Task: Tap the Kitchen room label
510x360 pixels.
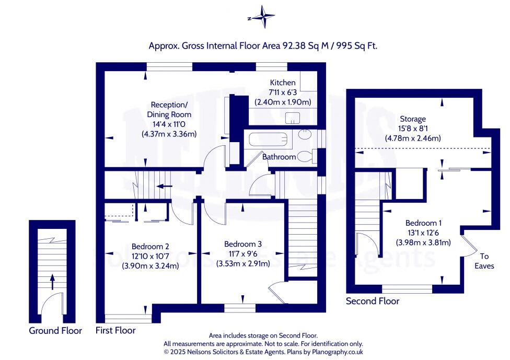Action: (283, 83)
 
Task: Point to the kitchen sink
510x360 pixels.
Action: (293, 118)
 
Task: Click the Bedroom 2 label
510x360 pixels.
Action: (150, 247)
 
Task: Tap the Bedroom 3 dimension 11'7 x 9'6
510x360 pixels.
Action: (243, 253)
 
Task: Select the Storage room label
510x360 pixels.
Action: (413, 119)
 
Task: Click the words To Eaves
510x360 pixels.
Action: (484, 261)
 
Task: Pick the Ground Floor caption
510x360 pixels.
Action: (55, 331)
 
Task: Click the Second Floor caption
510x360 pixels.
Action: (373, 301)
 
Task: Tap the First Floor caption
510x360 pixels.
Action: (115, 330)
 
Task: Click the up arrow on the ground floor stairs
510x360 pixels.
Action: (52, 282)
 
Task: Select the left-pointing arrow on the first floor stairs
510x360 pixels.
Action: (164, 187)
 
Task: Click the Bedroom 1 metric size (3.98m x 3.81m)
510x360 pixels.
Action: (423, 242)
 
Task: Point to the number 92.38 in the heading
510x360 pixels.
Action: (294, 46)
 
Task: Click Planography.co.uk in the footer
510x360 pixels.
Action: (337, 352)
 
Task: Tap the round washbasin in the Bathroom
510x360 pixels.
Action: (305, 134)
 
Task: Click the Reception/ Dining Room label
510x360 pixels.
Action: (169, 110)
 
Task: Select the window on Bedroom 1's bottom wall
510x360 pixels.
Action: (407, 288)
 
